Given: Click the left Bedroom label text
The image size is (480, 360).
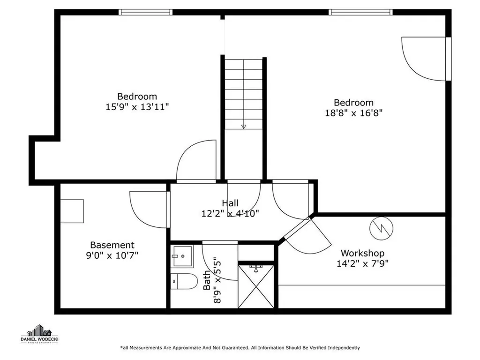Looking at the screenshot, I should (x=137, y=97).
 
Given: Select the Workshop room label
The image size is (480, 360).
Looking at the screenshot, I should (x=362, y=253).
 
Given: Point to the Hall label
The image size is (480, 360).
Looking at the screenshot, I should (x=230, y=203).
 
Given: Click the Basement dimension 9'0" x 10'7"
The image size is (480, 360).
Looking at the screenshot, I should (x=112, y=255).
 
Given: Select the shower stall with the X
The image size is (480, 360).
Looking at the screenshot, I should (x=256, y=286).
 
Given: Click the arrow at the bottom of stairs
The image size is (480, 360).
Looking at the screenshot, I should (x=244, y=126).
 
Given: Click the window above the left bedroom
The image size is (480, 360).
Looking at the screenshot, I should (x=146, y=12).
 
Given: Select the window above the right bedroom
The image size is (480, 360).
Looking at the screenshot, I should (x=360, y=12).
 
